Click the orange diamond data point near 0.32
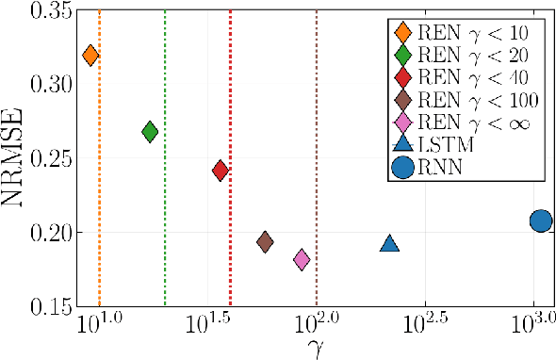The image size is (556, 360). point(90,56)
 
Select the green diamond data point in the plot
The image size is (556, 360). point(149,132)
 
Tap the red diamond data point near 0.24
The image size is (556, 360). point(221,171)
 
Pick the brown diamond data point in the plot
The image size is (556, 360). point(265,242)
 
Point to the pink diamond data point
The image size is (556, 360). point(302,259)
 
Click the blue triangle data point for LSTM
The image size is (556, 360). point(390,244)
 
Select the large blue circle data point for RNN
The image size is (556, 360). point(540,221)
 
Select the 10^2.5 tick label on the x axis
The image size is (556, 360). point(425,323)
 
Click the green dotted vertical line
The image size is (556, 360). point(165,188)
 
